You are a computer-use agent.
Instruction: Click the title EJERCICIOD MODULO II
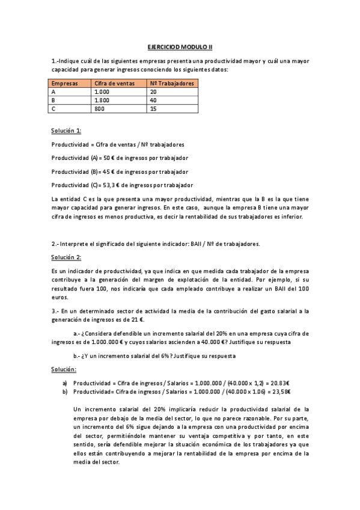(180, 46)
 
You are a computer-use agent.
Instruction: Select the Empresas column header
(65, 84)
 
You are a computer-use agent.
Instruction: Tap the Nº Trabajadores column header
(172, 84)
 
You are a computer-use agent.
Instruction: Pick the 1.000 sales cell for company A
(102, 92)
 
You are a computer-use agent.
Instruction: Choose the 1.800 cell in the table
(102, 100)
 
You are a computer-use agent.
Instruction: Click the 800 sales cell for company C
(100, 109)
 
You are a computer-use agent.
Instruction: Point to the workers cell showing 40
(154, 100)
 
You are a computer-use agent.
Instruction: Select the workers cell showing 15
(154, 109)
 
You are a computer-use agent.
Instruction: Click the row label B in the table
(54, 100)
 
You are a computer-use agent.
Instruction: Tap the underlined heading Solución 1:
(67, 131)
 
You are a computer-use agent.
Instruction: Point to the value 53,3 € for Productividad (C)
(109, 185)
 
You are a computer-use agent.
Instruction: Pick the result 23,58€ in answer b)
(280, 392)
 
